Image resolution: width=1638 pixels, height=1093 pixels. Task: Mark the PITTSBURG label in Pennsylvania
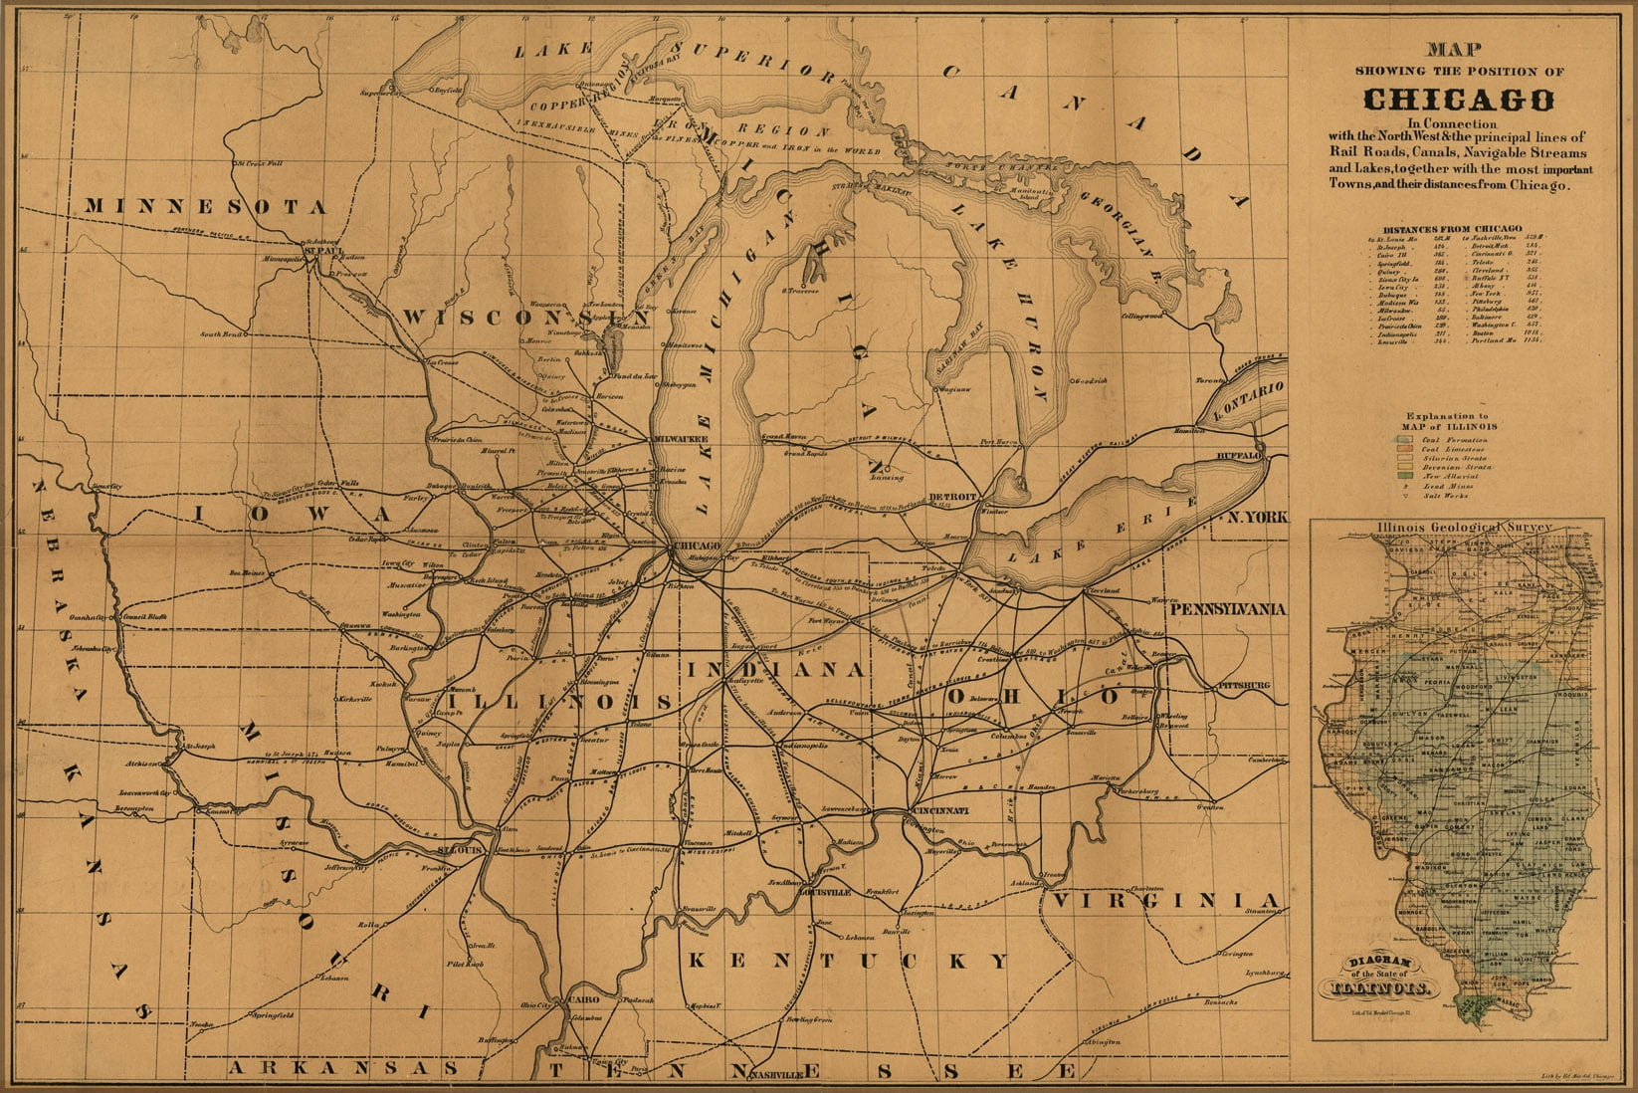coord(1242,686)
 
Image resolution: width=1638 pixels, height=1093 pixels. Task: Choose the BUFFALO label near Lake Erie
coord(1238,455)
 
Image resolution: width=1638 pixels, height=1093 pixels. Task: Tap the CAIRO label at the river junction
coord(580,998)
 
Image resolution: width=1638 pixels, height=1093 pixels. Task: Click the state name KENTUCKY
coord(848,961)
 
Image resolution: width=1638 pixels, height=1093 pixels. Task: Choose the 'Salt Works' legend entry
coord(1438,495)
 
